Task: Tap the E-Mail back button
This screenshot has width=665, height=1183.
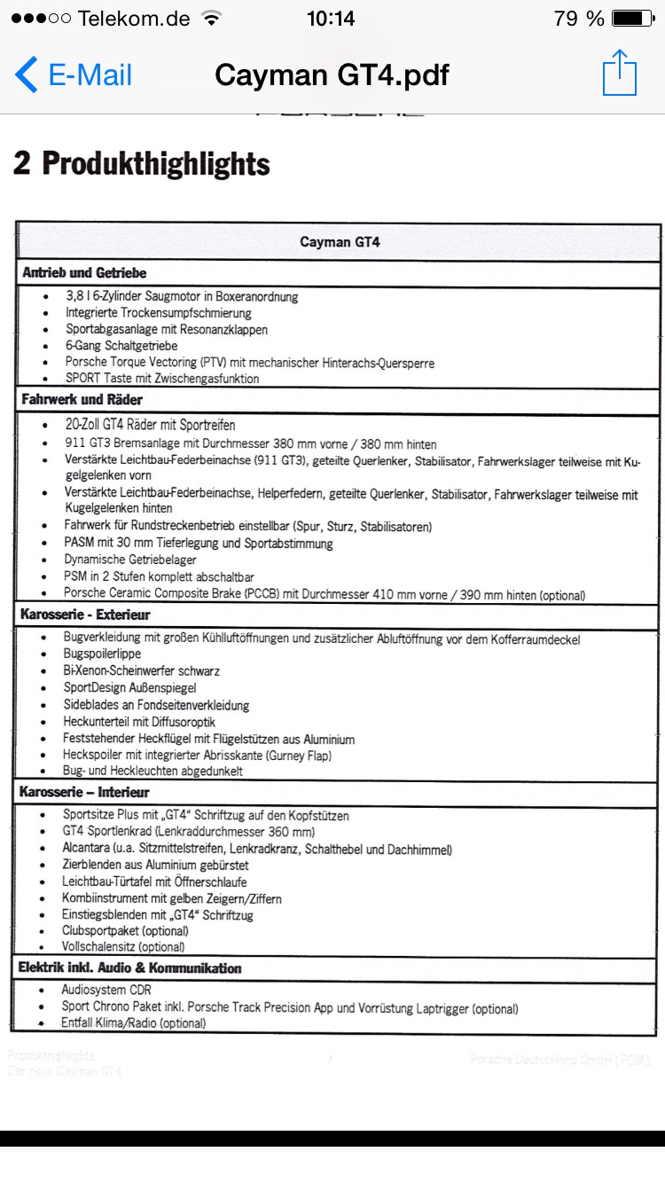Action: (74, 74)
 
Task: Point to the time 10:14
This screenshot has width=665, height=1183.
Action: (330, 19)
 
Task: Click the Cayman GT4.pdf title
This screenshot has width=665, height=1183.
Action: (332, 75)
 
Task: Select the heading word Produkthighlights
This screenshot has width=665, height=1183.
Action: (156, 164)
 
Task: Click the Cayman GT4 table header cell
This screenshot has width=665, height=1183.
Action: (340, 241)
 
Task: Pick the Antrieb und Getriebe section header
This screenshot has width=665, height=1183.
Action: (84, 272)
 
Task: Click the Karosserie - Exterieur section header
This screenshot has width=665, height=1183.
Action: (85, 614)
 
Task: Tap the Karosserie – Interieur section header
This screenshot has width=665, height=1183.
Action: (84, 792)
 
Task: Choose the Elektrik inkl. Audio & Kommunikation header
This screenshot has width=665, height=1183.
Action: (129, 968)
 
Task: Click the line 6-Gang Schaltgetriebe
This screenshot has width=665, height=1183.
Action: (121, 346)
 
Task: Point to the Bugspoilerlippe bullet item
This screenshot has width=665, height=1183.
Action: (103, 654)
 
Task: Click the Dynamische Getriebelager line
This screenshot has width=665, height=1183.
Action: (130, 560)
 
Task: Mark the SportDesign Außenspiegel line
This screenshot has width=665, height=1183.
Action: (130, 688)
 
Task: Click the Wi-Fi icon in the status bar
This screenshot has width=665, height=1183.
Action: (211, 18)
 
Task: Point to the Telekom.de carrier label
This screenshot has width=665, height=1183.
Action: (133, 19)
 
